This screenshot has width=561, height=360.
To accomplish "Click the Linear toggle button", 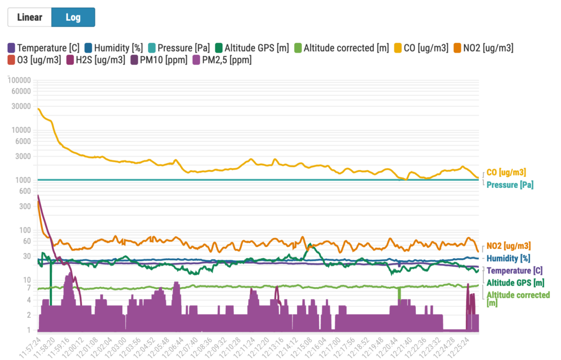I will point(30,17).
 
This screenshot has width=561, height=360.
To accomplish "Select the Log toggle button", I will point(73,17).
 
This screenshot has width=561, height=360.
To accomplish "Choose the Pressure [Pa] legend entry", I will point(179,48).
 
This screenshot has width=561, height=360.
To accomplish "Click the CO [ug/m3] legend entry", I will point(421,48).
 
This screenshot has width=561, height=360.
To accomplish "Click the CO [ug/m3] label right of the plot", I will point(506,172).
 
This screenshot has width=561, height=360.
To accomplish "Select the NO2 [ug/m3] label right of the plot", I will point(508,246).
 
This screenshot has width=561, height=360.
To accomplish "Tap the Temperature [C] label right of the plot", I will point(514,271).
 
